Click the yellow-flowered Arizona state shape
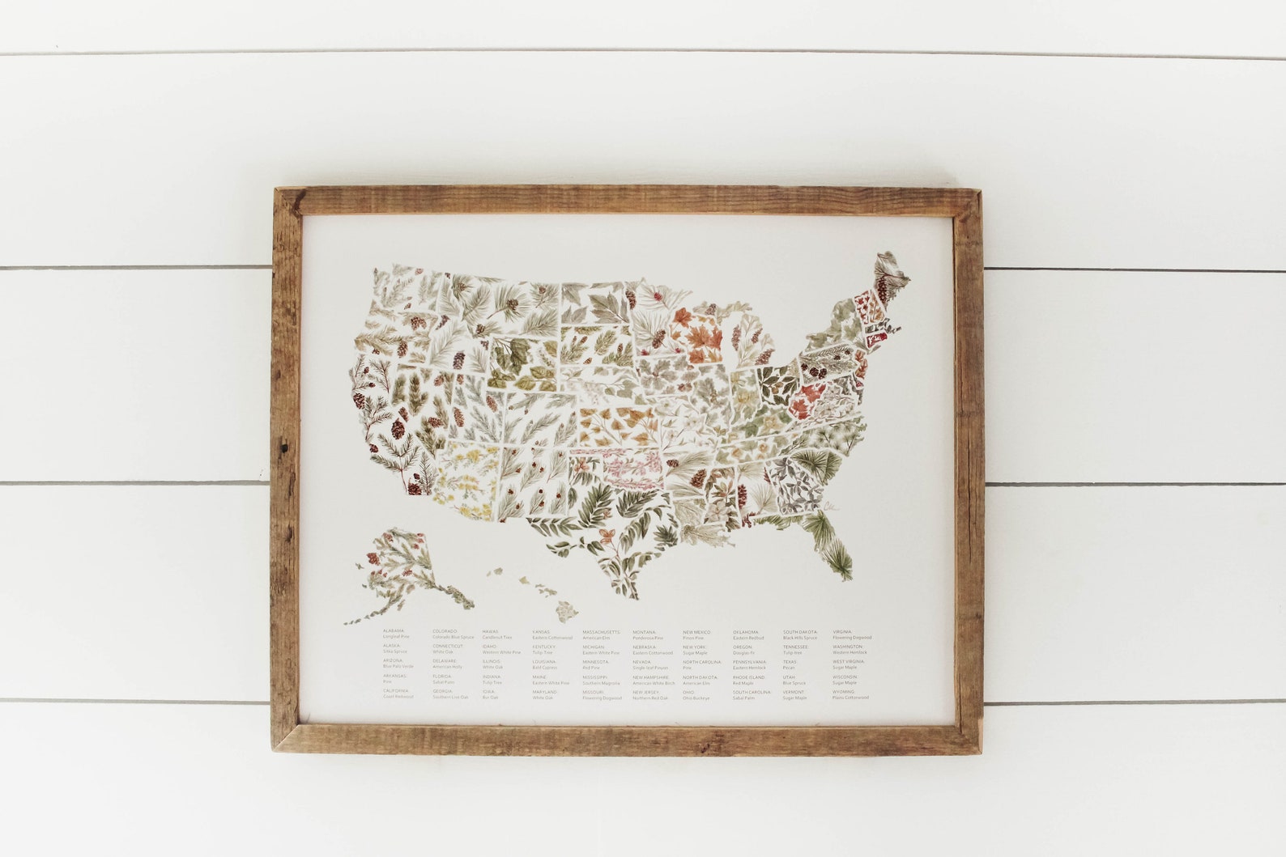point(465,477)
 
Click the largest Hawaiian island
point(566,611)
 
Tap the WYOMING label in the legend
point(843,692)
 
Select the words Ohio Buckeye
point(696,698)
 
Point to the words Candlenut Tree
point(497,638)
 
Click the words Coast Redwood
point(398,697)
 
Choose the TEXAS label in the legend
point(790,661)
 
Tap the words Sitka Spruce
point(395,651)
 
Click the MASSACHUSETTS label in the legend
point(601,631)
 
